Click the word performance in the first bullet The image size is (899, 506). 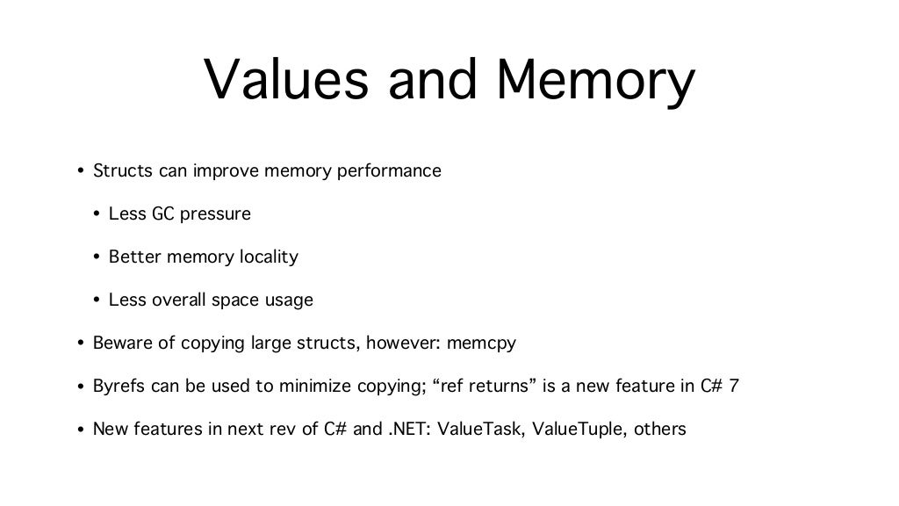coord(389,170)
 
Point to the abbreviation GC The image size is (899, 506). coord(164,213)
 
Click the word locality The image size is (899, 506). coord(269,257)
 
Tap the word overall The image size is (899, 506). coord(180,300)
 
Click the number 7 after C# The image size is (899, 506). coord(733,386)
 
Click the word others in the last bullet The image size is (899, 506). coord(659,429)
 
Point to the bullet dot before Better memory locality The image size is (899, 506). coord(97,257)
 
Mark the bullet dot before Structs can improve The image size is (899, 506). coord(80,171)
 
